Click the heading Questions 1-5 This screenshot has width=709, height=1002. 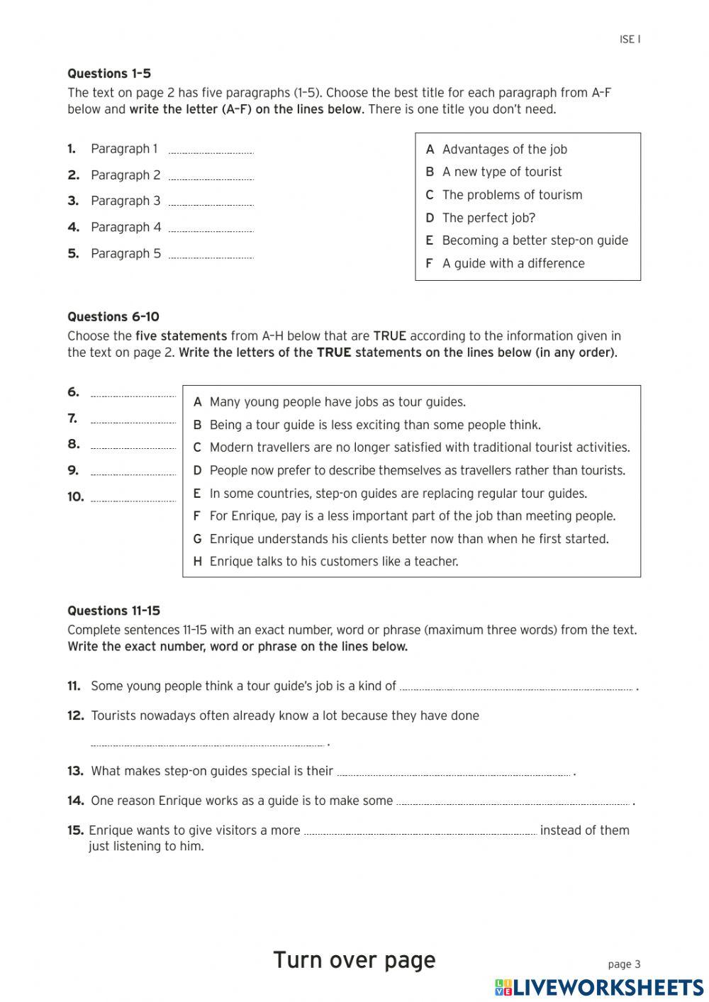[109, 74]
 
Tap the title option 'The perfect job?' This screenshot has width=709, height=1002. [489, 218]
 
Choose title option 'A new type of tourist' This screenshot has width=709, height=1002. [501, 172]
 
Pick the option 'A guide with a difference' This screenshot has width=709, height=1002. [513, 263]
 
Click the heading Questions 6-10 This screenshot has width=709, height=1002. [113, 317]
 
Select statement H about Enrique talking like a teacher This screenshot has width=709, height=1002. [333, 562]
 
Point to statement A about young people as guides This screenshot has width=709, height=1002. [337, 402]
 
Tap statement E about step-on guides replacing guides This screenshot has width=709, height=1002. [398, 494]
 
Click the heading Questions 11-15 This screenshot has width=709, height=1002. [114, 611]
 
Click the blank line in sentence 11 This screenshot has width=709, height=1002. [516, 688]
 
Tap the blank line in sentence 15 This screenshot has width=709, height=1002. [420, 833]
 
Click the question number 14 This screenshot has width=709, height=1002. [76, 801]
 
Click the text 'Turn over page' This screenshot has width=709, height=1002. [354, 960]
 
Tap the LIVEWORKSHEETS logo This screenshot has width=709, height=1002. [599, 987]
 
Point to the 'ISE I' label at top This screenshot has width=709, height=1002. [630, 40]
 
